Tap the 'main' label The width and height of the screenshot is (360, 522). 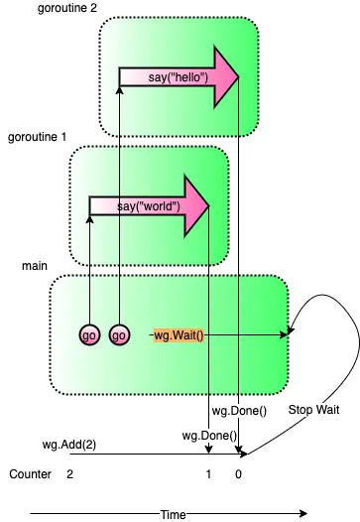35,267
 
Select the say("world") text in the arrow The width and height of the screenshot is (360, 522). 148,206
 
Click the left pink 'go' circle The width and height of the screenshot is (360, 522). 90,335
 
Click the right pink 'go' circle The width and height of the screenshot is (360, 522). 119,335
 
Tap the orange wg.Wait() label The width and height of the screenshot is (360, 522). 179,335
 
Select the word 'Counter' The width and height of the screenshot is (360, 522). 30,475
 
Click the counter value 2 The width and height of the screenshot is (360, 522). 69,475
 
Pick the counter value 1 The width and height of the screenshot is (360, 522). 208,475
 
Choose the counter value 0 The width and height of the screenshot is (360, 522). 238,475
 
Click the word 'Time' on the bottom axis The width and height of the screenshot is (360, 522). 174,514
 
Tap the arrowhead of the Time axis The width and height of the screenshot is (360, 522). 302,513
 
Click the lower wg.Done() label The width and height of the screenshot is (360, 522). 208,435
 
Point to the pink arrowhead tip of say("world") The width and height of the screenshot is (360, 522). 210,206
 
